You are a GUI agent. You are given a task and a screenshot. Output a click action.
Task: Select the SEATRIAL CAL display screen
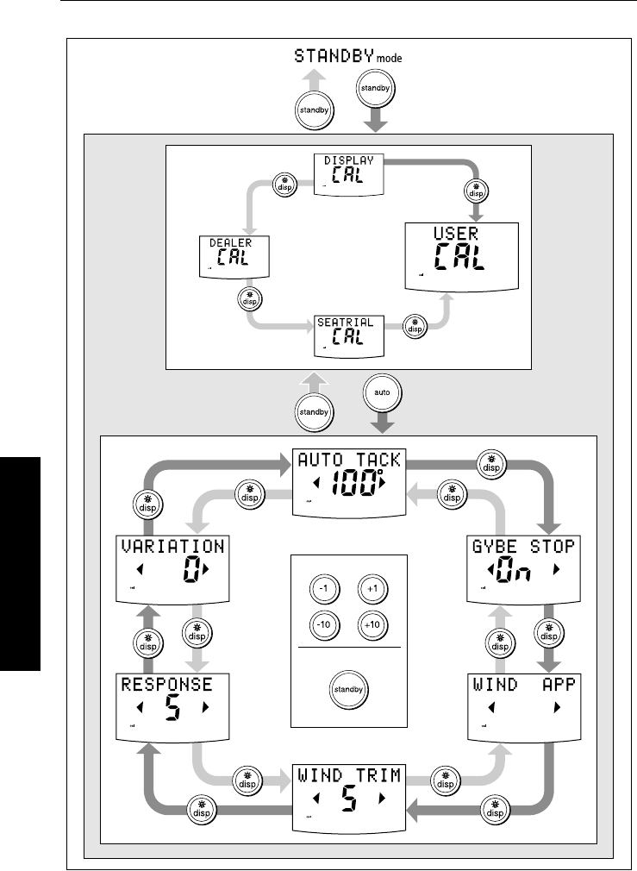[349, 335]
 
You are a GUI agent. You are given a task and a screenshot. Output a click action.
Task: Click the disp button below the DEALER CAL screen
[247, 298]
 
